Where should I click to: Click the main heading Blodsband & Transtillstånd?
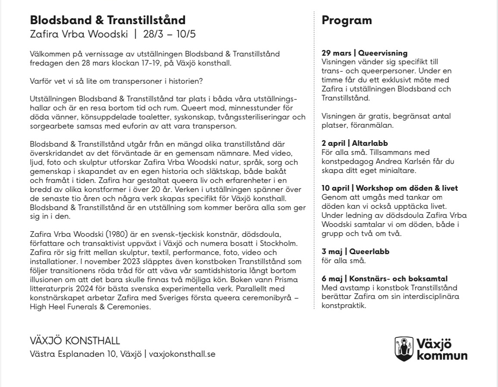[x=107, y=20]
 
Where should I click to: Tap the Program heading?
[x=347, y=20]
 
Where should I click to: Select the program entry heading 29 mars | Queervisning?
[x=364, y=53]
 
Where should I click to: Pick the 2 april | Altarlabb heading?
[x=355, y=144]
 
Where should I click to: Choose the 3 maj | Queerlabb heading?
[x=356, y=252]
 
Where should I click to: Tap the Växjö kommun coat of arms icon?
[x=404, y=349]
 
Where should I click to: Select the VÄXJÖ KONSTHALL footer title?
[x=75, y=341]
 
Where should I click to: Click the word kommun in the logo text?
[x=442, y=356]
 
